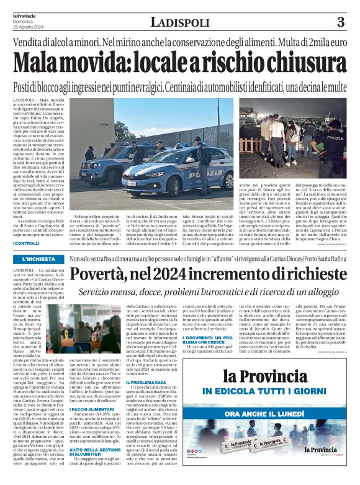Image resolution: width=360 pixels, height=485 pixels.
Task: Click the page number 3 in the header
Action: [x=340, y=23]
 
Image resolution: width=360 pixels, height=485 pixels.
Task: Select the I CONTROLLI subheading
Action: [x=25, y=243]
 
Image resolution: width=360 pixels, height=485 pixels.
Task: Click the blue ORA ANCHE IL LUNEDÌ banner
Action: [x=297, y=413]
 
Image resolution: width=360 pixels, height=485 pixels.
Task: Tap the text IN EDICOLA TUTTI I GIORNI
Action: [x=297, y=392]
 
